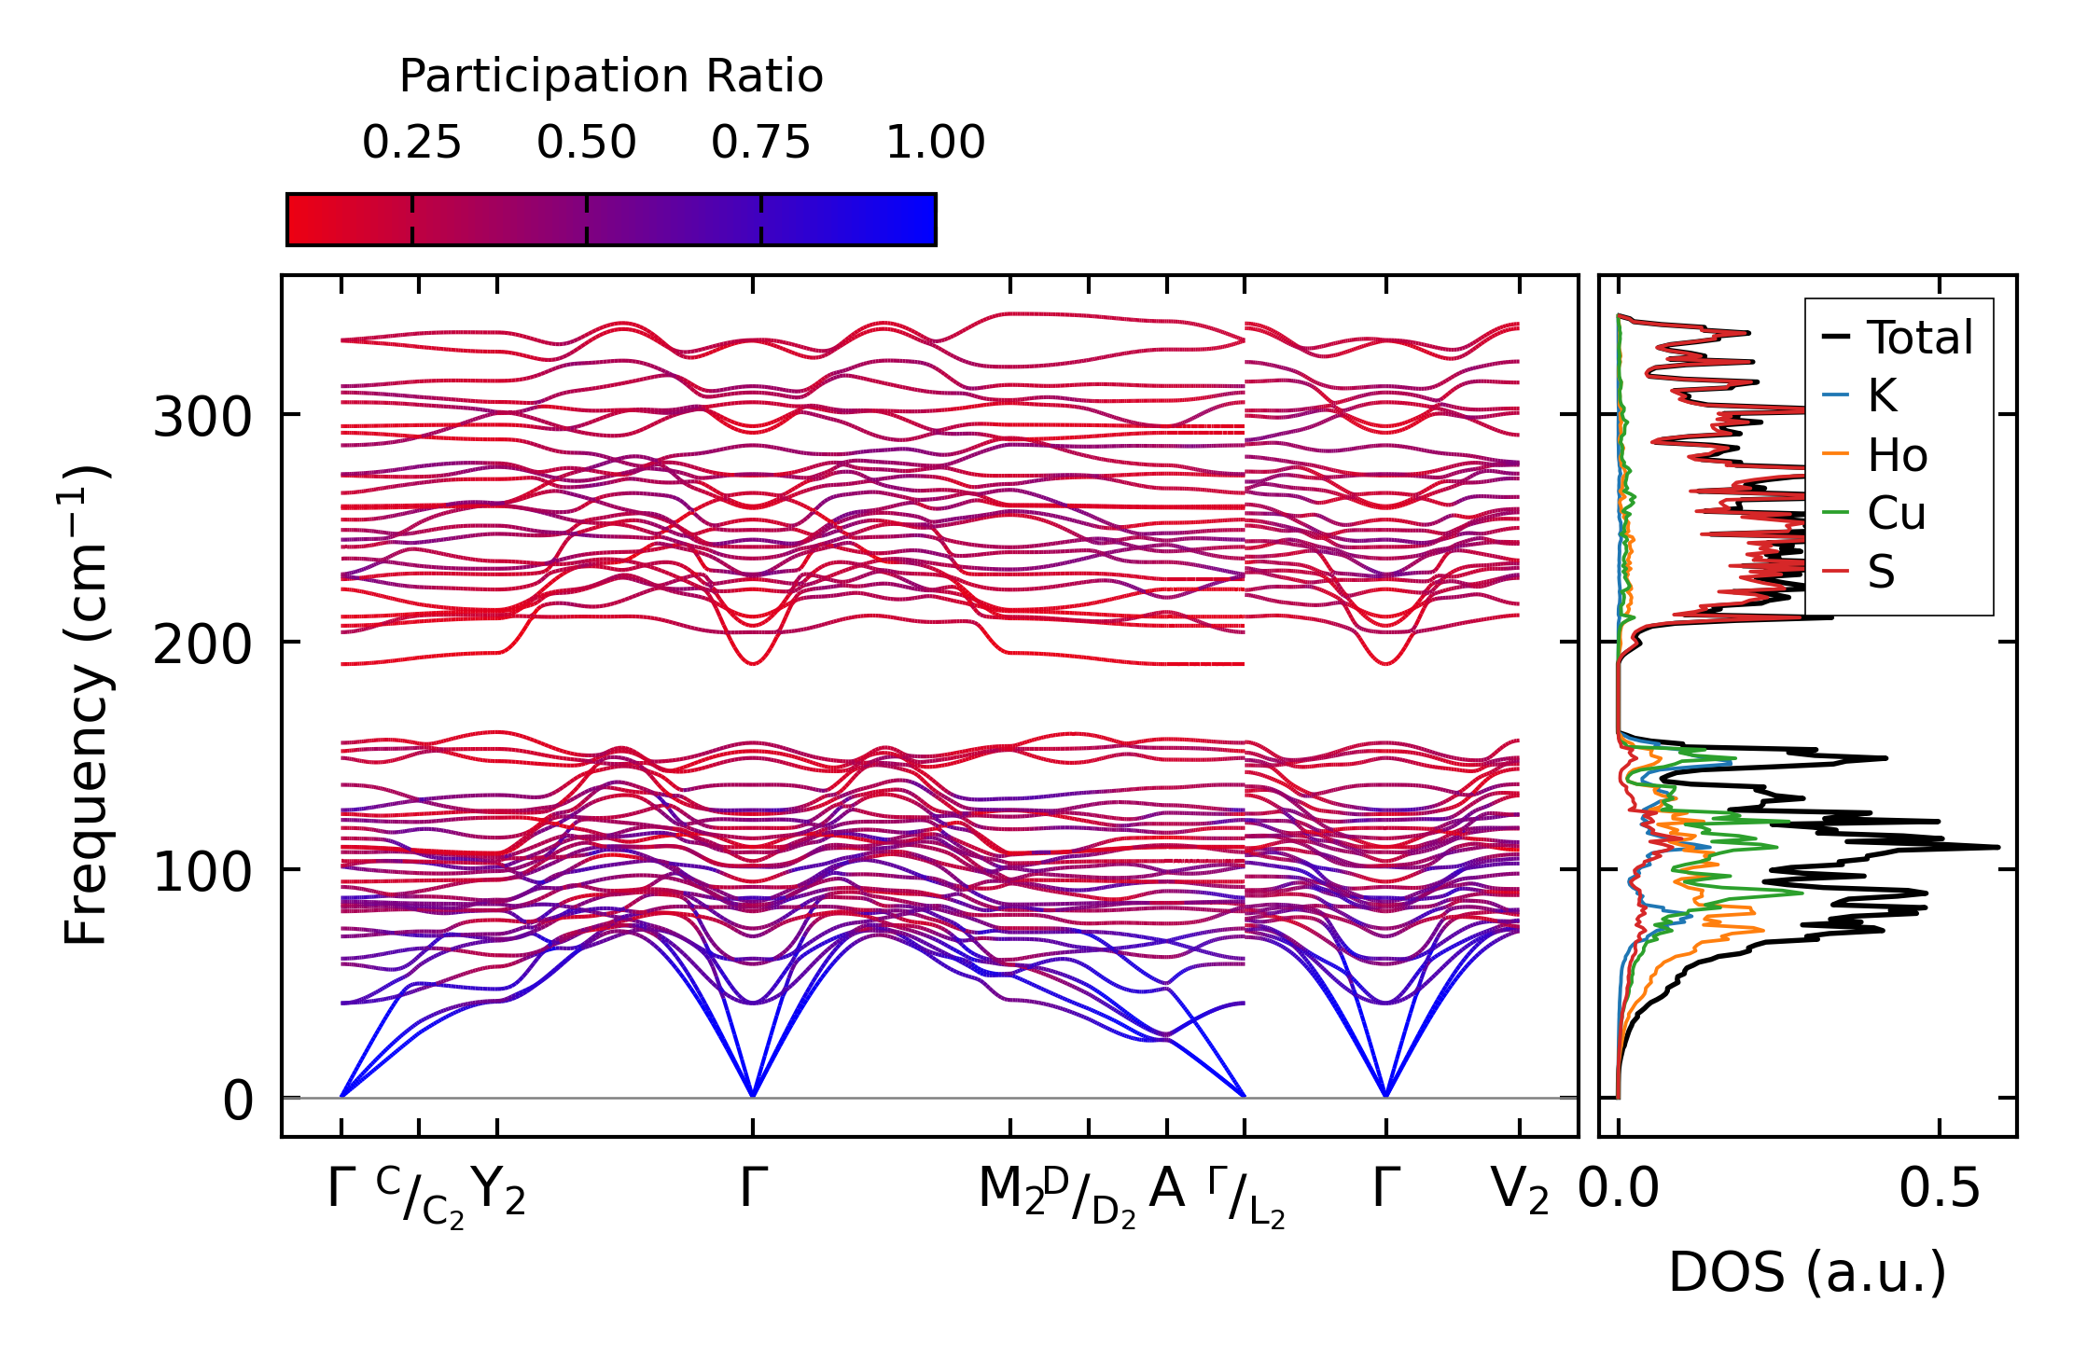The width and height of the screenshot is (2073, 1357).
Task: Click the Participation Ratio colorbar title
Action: coord(611,76)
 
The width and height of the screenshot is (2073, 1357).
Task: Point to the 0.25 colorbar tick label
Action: coord(411,144)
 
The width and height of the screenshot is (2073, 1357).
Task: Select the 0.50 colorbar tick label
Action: coord(586,144)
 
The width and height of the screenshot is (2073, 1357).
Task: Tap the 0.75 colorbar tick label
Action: coord(760,144)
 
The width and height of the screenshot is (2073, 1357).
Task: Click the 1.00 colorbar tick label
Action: coord(935,144)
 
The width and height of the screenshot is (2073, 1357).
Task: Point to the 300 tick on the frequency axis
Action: coord(202,417)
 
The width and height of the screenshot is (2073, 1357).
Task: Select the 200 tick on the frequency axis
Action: coord(202,644)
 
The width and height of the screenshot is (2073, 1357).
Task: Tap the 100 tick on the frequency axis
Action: coord(202,872)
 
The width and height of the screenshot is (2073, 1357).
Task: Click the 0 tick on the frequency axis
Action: coord(238,1101)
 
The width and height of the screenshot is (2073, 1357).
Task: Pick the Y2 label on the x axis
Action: coord(498,1191)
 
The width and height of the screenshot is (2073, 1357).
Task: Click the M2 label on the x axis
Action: coord(1010,1191)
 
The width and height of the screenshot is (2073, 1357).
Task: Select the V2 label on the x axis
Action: coord(1520,1191)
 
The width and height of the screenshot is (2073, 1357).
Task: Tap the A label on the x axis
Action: coord(1166,1189)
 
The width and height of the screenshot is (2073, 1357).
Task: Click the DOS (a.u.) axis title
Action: coord(1807,1272)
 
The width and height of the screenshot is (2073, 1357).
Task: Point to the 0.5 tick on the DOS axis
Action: coord(1939,1191)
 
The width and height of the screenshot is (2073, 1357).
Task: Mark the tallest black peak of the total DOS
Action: coord(1998,847)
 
